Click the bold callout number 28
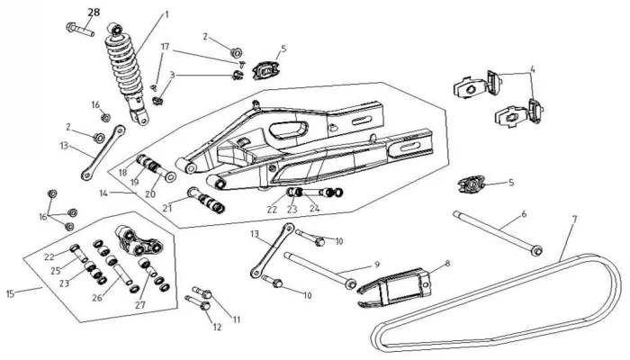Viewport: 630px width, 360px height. pos(94,12)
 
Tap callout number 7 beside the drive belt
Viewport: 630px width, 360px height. pos(574,220)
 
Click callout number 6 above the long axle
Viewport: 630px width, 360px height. pos(523,217)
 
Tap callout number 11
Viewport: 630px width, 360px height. pos(237,319)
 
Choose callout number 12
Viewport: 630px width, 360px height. pos(216,327)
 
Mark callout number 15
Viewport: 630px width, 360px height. pos(11,293)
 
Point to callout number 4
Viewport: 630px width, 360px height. pos(532,68)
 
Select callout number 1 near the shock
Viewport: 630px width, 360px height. pos(166,14)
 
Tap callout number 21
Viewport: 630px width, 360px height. pos(168,206)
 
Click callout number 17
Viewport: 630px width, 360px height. pos(165,45)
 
